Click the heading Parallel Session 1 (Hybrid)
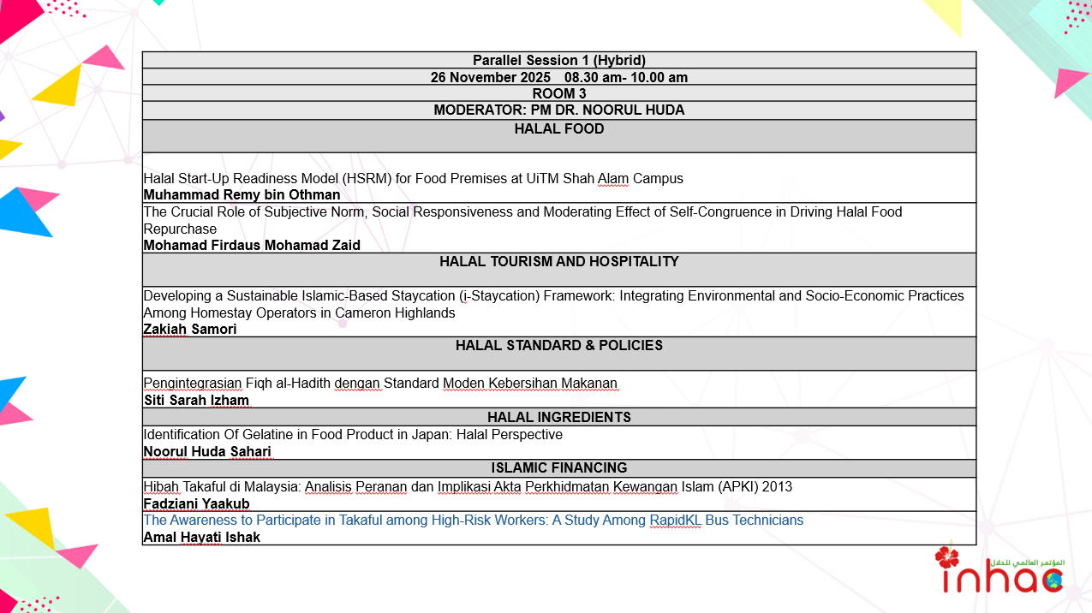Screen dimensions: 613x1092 558,60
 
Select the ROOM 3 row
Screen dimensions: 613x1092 558,93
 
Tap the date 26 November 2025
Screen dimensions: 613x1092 490,77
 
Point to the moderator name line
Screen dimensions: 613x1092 558,110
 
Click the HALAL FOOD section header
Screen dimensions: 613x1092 558,129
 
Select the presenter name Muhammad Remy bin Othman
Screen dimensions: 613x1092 242,195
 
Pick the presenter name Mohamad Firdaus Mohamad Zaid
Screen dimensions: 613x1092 252,245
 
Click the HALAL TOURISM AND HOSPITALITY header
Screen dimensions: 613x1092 558,262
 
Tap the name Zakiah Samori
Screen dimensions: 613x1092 190,329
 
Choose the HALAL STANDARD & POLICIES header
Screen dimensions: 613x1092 558,346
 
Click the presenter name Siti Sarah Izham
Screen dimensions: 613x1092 196,400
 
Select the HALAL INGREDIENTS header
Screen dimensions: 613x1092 558,417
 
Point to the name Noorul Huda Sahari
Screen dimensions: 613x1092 207,451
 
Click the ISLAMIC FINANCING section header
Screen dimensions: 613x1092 558,468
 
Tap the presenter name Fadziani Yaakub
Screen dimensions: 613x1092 196,503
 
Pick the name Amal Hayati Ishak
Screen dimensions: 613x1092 201,538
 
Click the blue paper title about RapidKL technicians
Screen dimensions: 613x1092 473,521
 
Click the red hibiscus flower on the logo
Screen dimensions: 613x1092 946,557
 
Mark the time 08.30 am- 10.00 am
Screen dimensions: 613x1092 625,77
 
